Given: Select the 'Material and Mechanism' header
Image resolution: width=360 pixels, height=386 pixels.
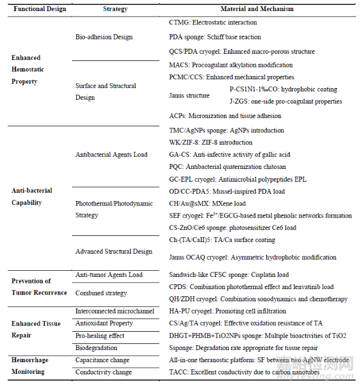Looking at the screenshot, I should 257,9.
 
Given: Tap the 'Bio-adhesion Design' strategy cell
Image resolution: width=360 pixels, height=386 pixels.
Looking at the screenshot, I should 104,37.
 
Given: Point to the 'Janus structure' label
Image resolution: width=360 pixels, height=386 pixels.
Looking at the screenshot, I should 189,95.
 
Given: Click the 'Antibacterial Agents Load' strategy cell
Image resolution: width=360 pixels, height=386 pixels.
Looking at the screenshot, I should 111,155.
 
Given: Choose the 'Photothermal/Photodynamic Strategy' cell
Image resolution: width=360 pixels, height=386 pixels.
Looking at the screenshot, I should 114,209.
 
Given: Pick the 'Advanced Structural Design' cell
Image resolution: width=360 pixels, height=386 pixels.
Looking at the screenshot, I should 114,251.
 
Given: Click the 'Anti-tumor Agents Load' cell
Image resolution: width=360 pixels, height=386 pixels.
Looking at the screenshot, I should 109,275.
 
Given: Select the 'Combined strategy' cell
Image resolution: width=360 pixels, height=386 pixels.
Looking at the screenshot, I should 101,293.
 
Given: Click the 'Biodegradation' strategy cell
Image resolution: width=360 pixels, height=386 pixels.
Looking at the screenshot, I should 96,348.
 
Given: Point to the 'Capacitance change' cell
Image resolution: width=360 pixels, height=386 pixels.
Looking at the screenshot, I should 102,360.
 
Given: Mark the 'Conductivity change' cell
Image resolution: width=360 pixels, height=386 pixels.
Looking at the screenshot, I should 103,372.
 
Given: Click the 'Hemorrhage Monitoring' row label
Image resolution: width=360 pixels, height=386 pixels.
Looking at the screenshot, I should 33,366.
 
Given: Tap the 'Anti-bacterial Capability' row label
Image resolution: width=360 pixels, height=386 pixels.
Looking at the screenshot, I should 32,196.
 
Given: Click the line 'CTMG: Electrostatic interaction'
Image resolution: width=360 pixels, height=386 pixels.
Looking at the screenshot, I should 213,23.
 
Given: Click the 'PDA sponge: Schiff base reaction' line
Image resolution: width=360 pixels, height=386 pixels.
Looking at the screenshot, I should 214,37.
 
